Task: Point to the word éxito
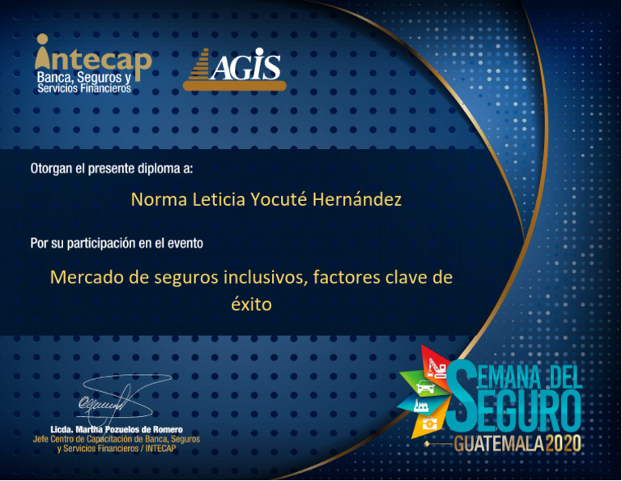(x=251, y=305)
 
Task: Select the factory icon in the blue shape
(x=422, y=407)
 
